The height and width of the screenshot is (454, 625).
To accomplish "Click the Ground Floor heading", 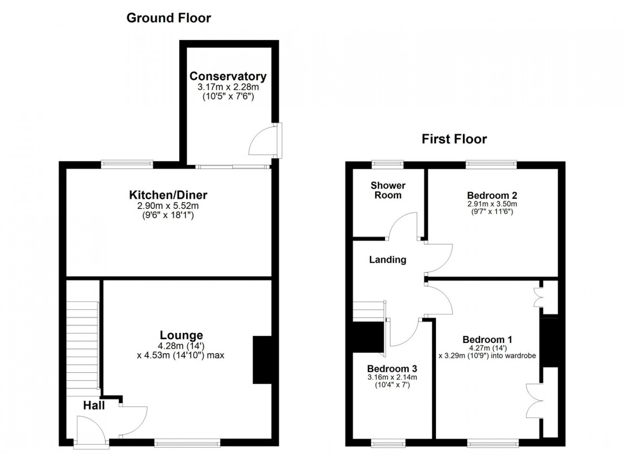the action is tap(169, 18).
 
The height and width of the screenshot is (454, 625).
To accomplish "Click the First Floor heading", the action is tap(454, 139).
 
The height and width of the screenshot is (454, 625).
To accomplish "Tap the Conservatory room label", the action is tap(228, 76).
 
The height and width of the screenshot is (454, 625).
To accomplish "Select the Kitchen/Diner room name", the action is tap(168, 195).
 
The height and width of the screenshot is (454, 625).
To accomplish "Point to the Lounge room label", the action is tap(181, 335).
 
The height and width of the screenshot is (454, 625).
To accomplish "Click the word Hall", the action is tap(94, 405).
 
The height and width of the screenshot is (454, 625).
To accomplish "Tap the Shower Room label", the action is tap(388, 190).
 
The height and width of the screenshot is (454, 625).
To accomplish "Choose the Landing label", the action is tap(387, 259).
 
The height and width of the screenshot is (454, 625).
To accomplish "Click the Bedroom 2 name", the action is tap(492, 195).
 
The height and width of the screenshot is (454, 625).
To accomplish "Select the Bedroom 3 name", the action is tap(392, 368).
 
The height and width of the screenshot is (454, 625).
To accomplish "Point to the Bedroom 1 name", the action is tap(487, 339).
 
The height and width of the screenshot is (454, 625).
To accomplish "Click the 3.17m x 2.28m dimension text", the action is tap(228, 87).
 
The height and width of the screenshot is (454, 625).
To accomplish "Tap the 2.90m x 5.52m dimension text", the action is tap(168, 206).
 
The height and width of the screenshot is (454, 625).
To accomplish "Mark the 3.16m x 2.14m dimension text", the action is tap(392, 377).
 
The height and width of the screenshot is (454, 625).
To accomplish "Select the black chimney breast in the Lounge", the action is tap(262, 360).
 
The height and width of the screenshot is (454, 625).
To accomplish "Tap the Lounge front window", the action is tap(187, 442).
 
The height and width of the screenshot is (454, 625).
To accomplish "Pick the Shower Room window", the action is tap(387, 164).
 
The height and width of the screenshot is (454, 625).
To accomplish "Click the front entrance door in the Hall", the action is tap(91, 430).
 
